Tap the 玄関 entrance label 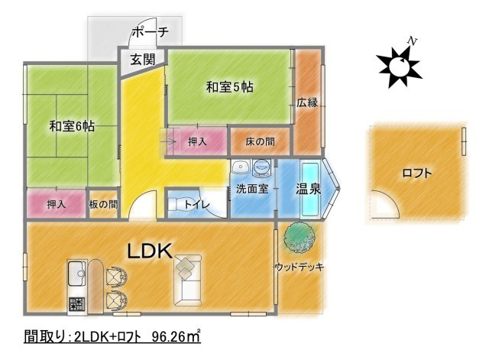(x=142, y=60)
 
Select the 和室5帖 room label (x=229, y=88)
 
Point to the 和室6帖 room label (x=72, y=127)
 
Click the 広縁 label (x=307, y=102)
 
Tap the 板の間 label (x=103, y=204)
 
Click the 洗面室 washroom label (x=251, y=189)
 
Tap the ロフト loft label (x=416, y=173)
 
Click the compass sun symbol (x=397, y=66)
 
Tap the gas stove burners (x=77, y=303)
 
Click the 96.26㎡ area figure (x=176, y=337)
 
